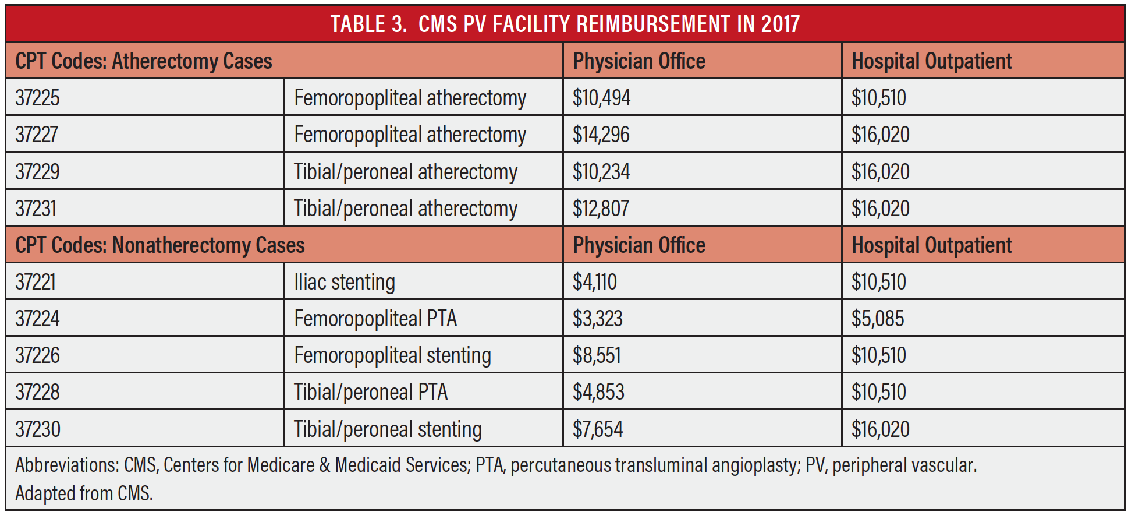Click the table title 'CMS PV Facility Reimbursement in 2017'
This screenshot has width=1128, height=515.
pos(565,24)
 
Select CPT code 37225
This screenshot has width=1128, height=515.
pos(37,98)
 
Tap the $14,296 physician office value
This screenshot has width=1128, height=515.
pos(601,135)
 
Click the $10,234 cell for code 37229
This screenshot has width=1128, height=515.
pos(601,172)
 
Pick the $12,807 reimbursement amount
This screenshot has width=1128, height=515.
pos(601,209)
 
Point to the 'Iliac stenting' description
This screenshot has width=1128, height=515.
pos(344,282)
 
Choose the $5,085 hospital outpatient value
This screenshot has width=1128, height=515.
pos(878,319)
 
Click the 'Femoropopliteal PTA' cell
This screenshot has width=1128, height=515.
pos(375,319)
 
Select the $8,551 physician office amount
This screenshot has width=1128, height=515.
pos(597,355)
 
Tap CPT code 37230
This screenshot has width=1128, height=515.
pos(38,429)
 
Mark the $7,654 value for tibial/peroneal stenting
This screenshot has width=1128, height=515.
pos(598,429)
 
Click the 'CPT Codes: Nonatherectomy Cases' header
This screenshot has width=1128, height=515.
pos(160,245)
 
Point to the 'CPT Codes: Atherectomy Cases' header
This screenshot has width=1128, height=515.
pos(144,61)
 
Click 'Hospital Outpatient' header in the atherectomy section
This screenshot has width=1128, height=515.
pos(931,61)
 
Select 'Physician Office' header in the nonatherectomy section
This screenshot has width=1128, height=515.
pos(639,245)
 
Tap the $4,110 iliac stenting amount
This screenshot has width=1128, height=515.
pos(594,282)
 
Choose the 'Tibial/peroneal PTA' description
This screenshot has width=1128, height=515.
pos(371,392)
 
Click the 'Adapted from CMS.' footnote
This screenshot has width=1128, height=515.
pos(84,493)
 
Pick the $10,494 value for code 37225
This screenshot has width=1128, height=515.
pos(601,98)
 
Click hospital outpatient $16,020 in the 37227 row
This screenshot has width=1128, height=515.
pos(880,135)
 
